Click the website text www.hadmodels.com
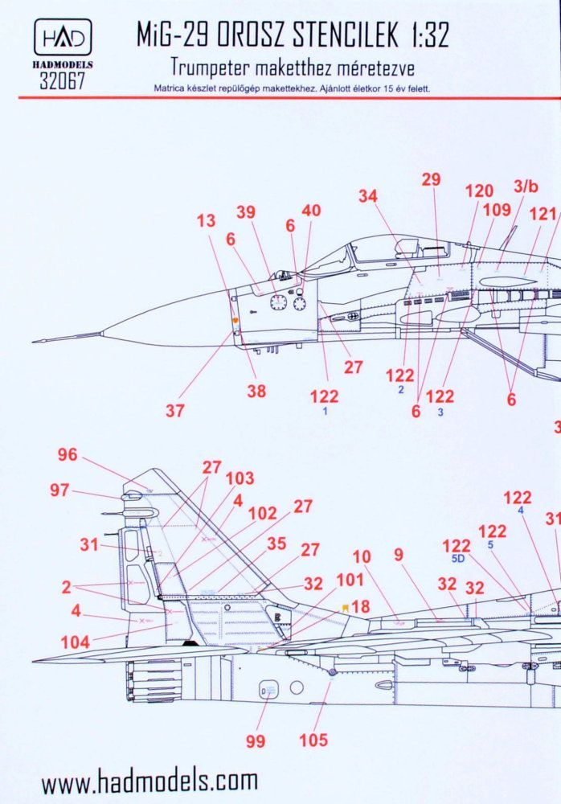pos(149,781)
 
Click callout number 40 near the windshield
pos(310,211)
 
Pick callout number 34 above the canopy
pos(368,195)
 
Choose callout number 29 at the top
pos(432,179)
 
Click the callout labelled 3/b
pos(526,187)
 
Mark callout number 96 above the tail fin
pos(68,455)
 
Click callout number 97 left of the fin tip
pos(60,490)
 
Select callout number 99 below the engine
pos(256,741)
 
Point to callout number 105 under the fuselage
pos(313,740)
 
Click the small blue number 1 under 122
pos(325,411)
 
